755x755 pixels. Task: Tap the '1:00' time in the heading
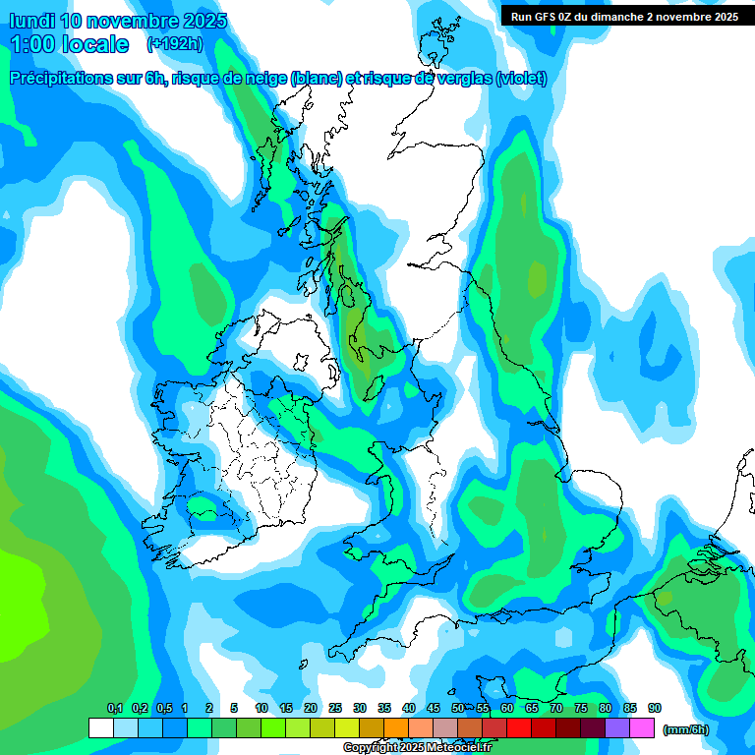pyautogui.click(x=33, y=44)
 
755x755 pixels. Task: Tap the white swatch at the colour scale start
pyautogui.click(x=100, y=727)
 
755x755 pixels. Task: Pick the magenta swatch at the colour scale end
pyautogui.click(x=642, y=727)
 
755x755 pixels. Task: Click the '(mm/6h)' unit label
pyautogui.click(x=685, y=729)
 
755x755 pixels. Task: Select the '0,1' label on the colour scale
pyautogui.click(x=115, y=709)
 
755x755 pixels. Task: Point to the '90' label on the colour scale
pyautogui.click(x=655, y=709)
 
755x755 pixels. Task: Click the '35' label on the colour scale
pyautogui.click(x=384, y=709)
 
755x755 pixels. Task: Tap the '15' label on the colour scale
pyautogui.click(x=286, y=709)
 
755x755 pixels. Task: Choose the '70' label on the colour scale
pyautogui.click(x=556, y=709)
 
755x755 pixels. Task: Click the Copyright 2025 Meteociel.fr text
pyautogui.click(x=418, y=747)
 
